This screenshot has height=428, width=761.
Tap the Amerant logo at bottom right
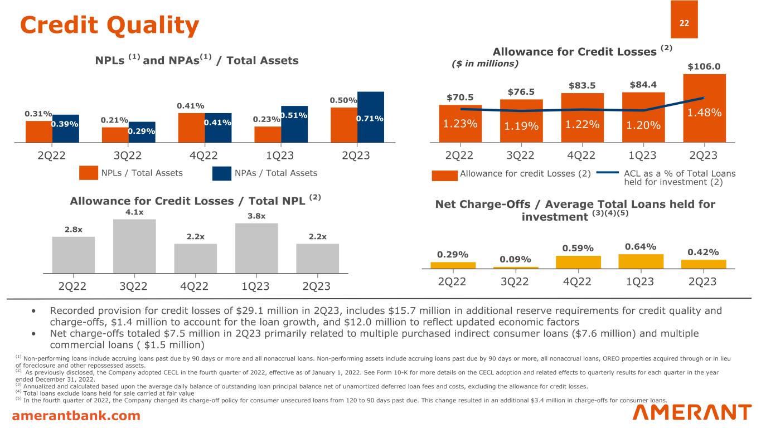[x=692, y=413]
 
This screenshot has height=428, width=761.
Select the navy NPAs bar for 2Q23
[x=371, y=117]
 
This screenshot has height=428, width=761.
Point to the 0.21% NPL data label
[x=114, y=120]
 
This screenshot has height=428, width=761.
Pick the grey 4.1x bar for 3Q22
[x=134, y=245]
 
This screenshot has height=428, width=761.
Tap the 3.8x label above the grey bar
[x=256, y=216]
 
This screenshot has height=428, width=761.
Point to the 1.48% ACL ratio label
[x=704, y=113]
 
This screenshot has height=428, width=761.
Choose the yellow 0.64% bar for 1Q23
[x=641, y=261]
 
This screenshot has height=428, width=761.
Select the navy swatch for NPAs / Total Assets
[x=222, y=173]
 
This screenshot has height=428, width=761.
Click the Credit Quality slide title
[x=109, y=25]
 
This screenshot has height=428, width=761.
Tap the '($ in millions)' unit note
[x=484, y=64]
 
